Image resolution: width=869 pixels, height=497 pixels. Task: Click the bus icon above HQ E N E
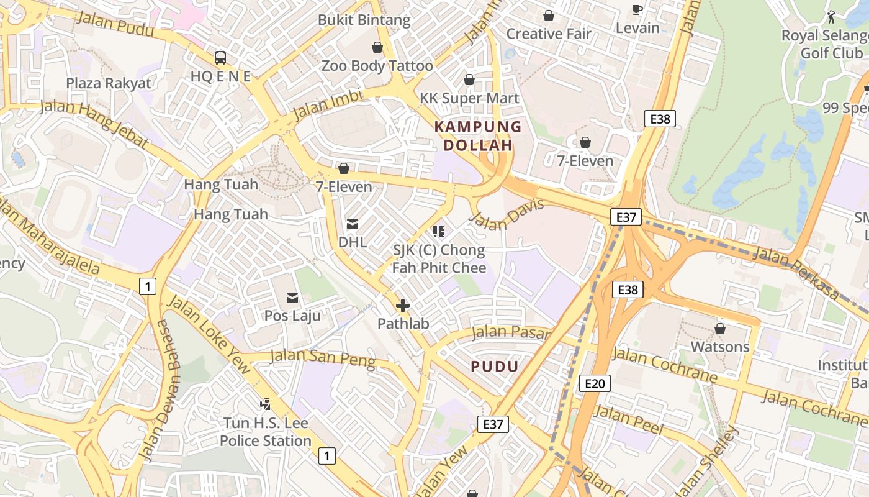[220, 58]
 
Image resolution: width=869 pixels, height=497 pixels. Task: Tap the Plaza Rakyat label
[109, 83]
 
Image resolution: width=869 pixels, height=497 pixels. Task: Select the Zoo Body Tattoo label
[377, 65]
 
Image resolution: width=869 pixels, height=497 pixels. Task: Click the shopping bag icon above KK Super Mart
[469, 80]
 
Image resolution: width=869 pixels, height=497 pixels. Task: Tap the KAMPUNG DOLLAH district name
[477, 136]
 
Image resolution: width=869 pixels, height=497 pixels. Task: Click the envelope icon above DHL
[352, 224]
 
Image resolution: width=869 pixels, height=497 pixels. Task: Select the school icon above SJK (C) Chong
[439, 232]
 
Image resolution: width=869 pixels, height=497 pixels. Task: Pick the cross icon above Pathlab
[403, 306]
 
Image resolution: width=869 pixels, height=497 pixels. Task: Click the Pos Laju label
[292, 316]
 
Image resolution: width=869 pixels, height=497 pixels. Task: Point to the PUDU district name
[494, 366]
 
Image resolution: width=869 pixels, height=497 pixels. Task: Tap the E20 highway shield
[595, 384]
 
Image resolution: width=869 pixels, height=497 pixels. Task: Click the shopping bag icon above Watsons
[720, 328]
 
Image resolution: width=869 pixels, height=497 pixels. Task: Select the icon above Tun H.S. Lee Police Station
[266, 404]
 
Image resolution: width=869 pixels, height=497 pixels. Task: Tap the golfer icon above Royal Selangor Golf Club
[831, 17]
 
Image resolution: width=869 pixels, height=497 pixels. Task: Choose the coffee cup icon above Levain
[637, 9]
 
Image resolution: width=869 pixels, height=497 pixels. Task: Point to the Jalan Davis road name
[507, 214]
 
